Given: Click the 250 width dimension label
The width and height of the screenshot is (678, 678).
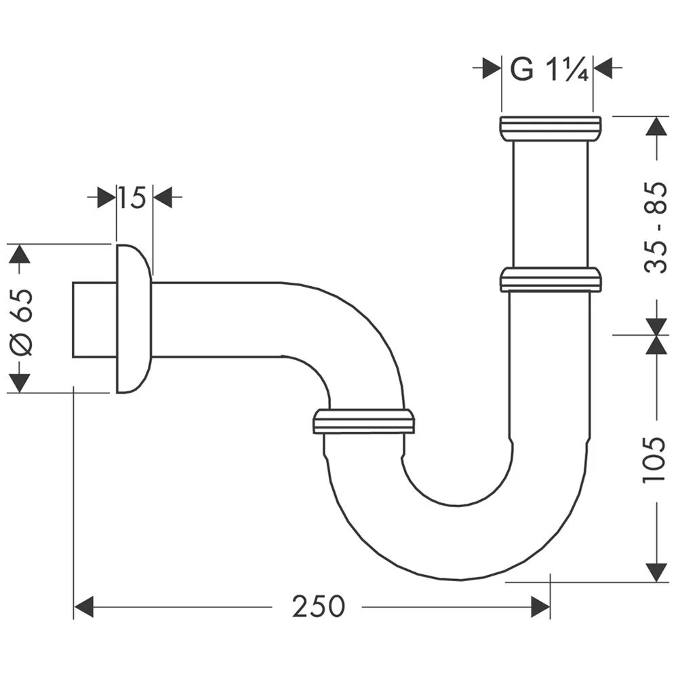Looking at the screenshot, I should coord(319,606).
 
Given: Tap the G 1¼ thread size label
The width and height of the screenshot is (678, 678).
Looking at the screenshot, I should coord(546,68).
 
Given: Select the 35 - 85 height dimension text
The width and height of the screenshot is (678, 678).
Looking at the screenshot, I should coord(656,227).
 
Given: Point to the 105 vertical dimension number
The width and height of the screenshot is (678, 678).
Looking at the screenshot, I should coord(656,458).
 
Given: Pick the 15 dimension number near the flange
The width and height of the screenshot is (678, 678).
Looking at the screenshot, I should coord(134,198).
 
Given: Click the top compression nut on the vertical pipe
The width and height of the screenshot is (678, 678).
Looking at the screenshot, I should coord(550,128).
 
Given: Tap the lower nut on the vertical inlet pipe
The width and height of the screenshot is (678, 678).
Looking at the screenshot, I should coord(550,279).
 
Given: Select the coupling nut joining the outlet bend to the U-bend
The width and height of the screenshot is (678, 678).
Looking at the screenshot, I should coord(363,421).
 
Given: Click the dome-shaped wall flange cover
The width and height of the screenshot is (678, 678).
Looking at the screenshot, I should coord(133,319).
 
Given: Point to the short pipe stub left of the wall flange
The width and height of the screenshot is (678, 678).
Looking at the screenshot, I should coord(94,319).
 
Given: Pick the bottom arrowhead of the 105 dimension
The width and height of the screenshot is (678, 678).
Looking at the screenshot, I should coord(656,572).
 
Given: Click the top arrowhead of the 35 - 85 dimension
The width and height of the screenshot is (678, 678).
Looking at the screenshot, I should coord(656,126).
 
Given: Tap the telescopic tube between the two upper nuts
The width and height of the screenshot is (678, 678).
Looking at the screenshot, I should coord(550,203).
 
